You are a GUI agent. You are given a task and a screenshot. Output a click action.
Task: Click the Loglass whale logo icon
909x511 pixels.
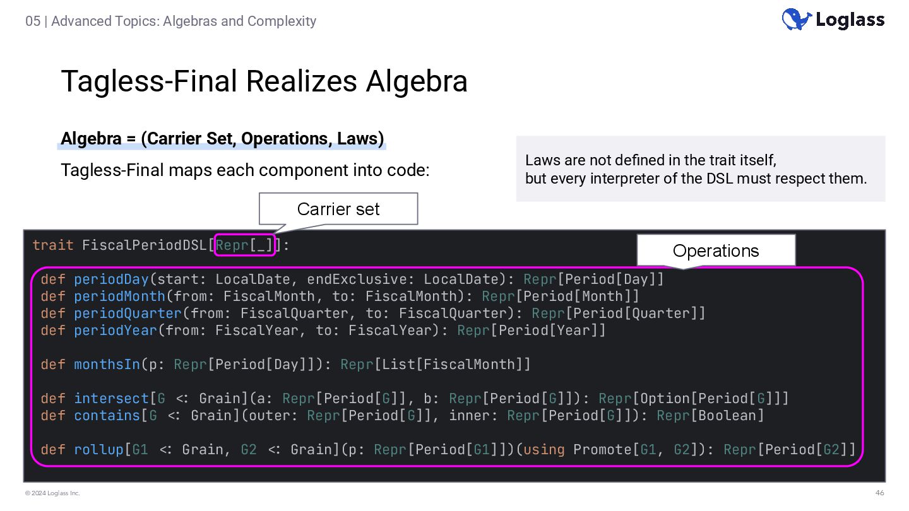(796, 19)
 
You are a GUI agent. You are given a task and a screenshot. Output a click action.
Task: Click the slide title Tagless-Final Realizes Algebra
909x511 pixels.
(264, 81)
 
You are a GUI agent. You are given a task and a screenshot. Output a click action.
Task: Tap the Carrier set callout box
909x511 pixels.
(338, 209)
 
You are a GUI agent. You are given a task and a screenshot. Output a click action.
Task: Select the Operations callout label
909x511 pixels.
(715, 250)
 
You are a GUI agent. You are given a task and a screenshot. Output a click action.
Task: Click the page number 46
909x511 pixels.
(879, 493)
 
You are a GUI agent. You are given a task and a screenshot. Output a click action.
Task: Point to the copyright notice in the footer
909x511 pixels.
(52, 493)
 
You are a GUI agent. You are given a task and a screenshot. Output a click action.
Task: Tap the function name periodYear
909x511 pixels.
(115, 330)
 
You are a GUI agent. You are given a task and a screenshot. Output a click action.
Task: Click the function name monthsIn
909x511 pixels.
(107, 364)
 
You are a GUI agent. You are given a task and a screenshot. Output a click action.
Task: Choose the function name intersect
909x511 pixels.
(111, 398)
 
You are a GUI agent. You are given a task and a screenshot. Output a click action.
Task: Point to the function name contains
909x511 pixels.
(107, 415)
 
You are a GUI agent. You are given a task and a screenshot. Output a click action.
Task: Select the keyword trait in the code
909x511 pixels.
(53, 245)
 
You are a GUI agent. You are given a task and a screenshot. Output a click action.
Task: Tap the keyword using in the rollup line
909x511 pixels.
(544, 449)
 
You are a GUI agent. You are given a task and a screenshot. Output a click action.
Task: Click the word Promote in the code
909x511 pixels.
(602, 449)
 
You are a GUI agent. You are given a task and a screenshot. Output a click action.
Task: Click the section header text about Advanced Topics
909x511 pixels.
(170, 21)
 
